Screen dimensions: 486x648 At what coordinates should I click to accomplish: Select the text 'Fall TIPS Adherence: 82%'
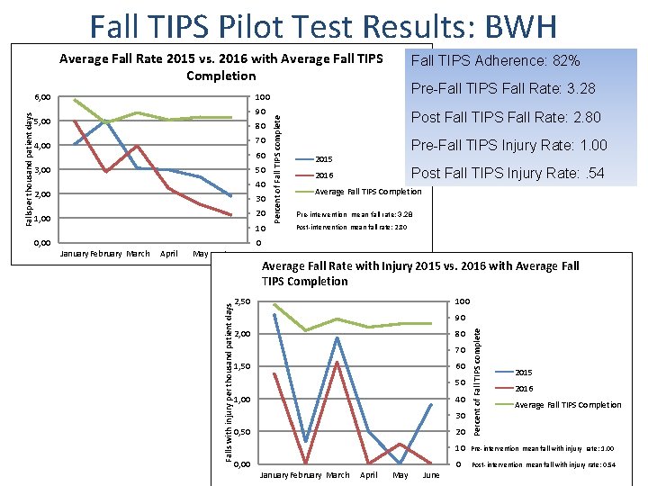click(495, 62)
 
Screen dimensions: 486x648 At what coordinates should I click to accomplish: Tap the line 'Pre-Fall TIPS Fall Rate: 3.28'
click(503, 89)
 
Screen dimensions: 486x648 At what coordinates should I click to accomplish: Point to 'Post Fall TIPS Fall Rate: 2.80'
click(506, 118)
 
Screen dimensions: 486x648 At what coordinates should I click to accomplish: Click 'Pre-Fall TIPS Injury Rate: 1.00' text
click(508, 146)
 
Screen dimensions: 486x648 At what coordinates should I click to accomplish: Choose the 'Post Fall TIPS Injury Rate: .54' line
click(508, 174)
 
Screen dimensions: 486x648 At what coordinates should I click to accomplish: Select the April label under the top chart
click(168, 254)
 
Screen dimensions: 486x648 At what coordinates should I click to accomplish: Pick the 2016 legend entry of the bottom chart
click(524, 389)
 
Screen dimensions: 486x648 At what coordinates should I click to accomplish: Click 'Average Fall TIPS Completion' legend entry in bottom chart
click(567, 405)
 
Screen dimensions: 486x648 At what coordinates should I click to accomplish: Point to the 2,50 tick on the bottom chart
click(242, 301)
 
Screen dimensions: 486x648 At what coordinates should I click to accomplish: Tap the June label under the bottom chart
click(431, 474)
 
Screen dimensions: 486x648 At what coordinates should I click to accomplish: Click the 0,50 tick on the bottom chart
click(242, 432)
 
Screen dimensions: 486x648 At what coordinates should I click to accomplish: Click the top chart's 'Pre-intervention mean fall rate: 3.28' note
click(355, 214)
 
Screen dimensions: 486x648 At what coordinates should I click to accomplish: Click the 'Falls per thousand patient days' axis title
click(29, 169)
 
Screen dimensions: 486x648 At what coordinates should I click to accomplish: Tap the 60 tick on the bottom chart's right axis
click(461, 366)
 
